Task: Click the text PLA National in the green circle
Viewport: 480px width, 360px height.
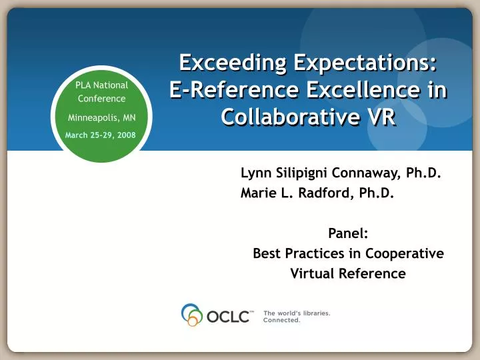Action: [x=101, y=85]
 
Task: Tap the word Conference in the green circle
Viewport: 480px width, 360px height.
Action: [x=101, y=99]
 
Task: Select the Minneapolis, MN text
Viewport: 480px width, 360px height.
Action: [x=101, y=117]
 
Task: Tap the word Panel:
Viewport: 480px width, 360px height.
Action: [x=348, y=233]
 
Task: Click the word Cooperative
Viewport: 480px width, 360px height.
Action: [x=409, y=253]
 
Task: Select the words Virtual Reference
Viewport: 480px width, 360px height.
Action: [x=348, y=273]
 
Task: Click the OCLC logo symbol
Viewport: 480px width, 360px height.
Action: [x=192, y=315]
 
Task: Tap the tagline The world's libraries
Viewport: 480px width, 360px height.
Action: [x=297, y=312]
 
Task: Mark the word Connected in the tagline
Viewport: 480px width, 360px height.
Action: [x=281, y=320]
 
